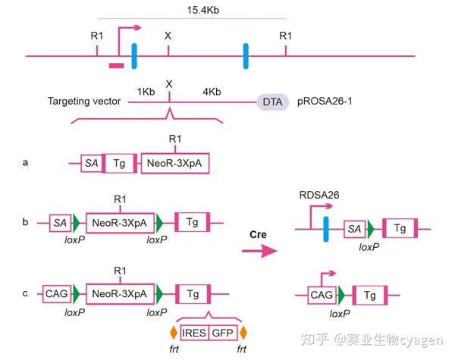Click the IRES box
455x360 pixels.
[x=194, y=331]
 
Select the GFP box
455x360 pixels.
[x=222, y=331]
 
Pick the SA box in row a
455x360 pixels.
[x=91, y=163]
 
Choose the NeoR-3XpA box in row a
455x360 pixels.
[x=175, y=163]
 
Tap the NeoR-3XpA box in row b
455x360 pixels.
[x=121, y=222]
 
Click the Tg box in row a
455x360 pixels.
[x=120, y=163]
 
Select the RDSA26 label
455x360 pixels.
[x=319, y=195]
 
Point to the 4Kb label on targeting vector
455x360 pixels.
[x=212, y=92]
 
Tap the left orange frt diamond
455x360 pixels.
[x=174, y=332]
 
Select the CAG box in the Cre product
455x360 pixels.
[x=320, y=294]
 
